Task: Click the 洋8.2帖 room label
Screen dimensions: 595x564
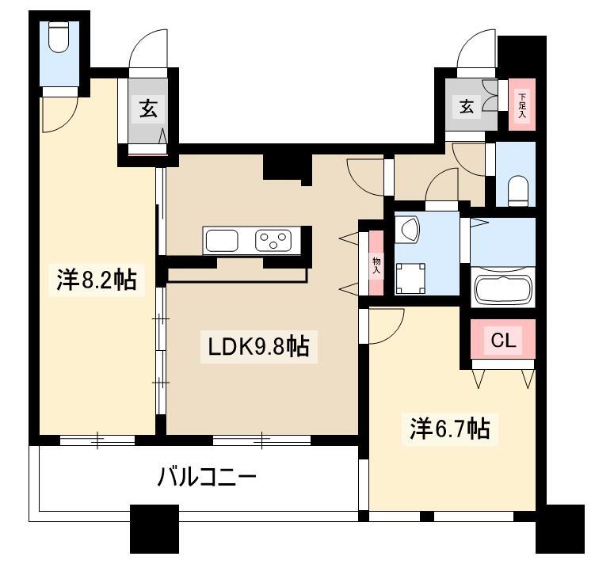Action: tap(97, 280)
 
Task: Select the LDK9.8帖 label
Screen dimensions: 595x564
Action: tap(259, 346)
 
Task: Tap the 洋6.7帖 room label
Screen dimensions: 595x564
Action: tap(450, 429)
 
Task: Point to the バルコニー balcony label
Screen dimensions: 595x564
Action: tap(208, 477)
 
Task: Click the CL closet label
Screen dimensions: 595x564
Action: tap(503, 340)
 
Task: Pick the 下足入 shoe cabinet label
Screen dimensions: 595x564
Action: tap(523, 105)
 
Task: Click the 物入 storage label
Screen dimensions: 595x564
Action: tap(376, 265)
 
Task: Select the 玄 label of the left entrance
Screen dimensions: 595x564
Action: tap(148, 108)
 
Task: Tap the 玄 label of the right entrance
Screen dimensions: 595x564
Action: tap(467, 106)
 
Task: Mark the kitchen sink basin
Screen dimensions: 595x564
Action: tap(222, 241)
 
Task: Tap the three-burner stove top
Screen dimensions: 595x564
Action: tap(273, 241)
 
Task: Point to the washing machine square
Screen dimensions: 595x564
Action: tap(410, 278)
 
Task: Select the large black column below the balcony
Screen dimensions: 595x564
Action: tap(154, 528)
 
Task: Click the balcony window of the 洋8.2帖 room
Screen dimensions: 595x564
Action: tap(97, 440)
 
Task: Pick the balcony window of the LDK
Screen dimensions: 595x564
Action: tap(261, 440)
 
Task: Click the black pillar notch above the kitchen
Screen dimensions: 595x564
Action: tap(288, 168)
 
